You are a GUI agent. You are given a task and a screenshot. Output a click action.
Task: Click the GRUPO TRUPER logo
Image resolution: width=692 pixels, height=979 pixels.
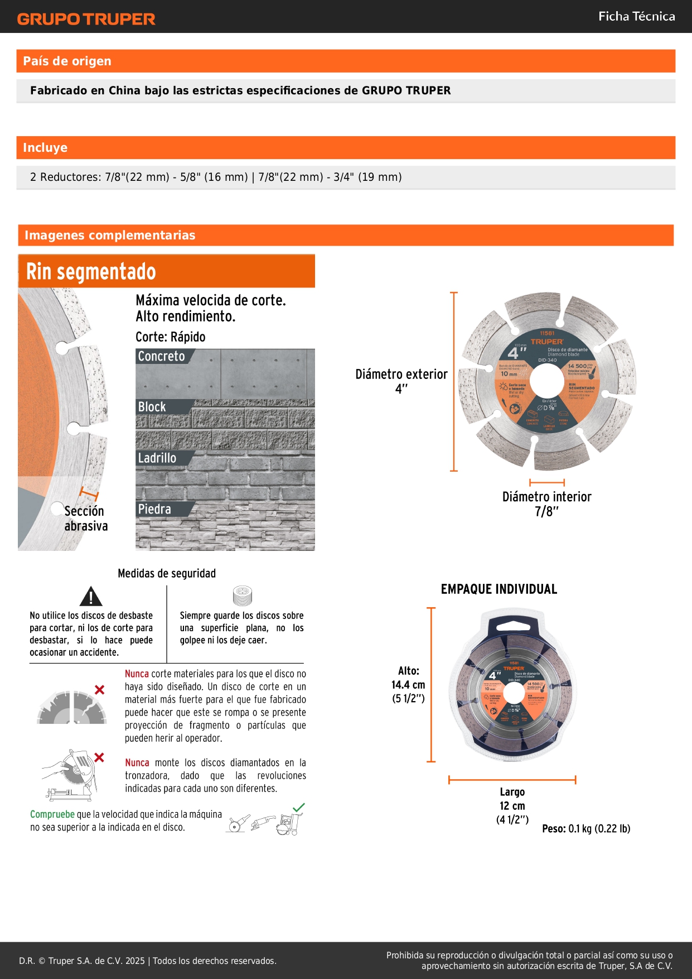[x=86, y=19]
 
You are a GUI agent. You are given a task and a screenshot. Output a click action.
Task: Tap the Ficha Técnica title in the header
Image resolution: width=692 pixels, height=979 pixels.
[x=636, y=16]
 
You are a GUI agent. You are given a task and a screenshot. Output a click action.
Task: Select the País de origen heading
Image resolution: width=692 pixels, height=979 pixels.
[x=67, y=61]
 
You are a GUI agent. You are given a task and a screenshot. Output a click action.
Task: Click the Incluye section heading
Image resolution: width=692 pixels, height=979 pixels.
[x=45, y=148]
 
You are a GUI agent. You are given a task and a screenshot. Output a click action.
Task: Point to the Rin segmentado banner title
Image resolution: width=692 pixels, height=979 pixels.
[x=91, y=272]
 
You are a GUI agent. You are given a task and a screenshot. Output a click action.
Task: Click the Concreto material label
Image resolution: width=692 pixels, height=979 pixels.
[x=162, y=356]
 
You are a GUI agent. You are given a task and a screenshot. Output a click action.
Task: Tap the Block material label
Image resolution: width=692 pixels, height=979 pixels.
[x=152, y=407]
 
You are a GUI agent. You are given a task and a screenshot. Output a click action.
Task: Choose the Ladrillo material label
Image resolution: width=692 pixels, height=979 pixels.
[x=157, y=458]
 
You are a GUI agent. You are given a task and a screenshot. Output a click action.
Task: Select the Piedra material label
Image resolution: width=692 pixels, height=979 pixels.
[x=154, y=509]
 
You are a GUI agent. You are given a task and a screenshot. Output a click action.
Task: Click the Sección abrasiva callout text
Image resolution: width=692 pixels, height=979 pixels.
[x=85, y=519]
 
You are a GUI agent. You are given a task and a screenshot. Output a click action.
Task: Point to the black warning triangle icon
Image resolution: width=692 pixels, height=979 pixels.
[x=90, y=597]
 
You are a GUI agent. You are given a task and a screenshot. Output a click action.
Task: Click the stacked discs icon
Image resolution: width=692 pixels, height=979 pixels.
[x=242, y=596]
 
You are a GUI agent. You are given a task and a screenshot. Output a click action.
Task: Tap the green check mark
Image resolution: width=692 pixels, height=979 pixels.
[x=299, y=807]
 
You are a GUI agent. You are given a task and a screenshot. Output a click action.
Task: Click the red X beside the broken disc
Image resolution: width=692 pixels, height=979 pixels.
[x=99, y=690]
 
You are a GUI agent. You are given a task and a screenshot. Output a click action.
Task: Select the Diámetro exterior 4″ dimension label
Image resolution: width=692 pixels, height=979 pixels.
[x=401, y=381]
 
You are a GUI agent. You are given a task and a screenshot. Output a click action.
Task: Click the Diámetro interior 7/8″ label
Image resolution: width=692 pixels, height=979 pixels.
[x=546, y=503]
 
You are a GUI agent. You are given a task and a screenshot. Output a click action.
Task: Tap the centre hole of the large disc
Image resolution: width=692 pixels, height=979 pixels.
[x=546, y=381]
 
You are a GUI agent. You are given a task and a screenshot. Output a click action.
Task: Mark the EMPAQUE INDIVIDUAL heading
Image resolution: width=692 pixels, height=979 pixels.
[x=499, y=589]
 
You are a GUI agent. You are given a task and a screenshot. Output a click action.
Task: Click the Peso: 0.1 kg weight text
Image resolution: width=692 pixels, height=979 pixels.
[x=586, y=829]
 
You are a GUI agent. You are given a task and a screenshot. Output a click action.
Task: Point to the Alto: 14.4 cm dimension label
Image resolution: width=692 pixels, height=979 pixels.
[x=408, y=684]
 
